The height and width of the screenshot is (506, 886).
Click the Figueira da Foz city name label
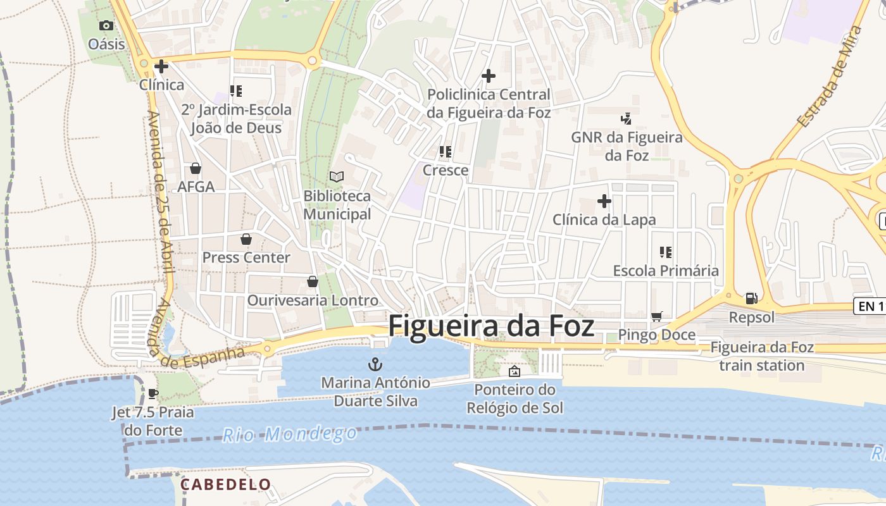491,326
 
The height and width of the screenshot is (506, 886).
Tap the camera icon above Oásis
106,25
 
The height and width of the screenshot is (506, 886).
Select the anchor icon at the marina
376,364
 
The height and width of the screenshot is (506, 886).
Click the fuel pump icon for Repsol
751,298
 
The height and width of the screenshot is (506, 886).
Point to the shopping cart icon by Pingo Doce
657,316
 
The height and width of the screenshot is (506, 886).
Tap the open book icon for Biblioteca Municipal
337,176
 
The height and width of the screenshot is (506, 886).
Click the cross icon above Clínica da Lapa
604,201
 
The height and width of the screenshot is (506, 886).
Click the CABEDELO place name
226,484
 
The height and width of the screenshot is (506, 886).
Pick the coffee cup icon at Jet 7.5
153,393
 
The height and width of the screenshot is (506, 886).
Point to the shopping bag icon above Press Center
246,239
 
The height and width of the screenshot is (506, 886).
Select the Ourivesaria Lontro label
313,300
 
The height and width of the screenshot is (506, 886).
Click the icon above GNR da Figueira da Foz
627,118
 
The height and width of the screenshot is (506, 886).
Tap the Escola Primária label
666,271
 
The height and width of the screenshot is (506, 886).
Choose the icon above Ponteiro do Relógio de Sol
514,371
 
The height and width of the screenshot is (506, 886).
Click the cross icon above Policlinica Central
489,76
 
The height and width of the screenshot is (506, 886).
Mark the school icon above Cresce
446,152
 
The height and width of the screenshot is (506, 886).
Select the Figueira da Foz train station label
762,356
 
